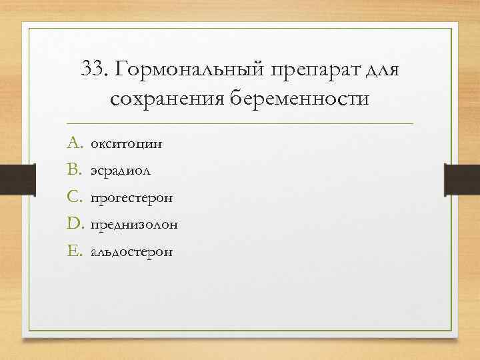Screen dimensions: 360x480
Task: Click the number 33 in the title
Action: [x=93, y=69]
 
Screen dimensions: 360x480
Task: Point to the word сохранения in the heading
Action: [x=166, y=99]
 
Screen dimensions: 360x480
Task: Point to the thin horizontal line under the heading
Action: [x=240, y=124]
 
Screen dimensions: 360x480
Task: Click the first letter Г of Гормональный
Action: [x=122, y=69]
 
